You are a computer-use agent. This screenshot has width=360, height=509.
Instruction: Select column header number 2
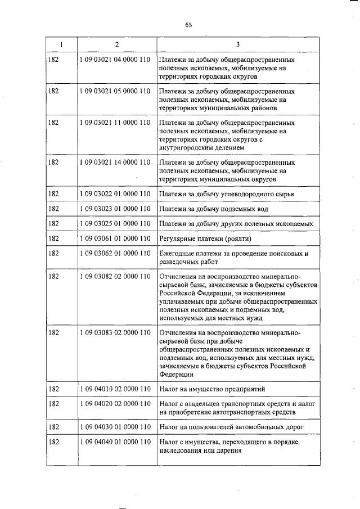coord(116,44)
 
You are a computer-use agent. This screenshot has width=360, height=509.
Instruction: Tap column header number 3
coord(238,44)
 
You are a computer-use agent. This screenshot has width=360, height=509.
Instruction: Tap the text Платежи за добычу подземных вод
coord(213,209)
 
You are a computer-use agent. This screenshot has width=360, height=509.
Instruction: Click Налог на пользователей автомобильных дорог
coord(231,427)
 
